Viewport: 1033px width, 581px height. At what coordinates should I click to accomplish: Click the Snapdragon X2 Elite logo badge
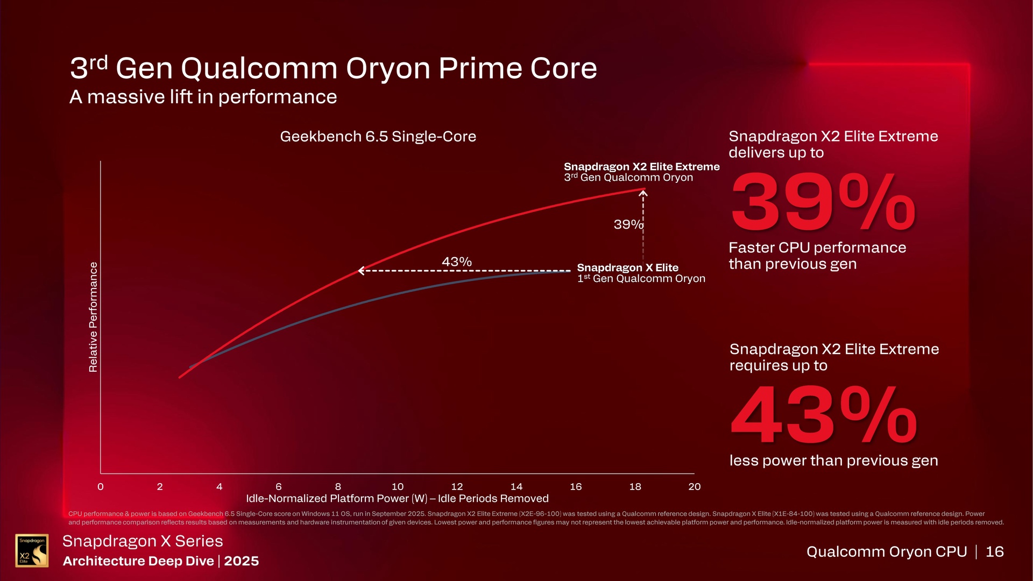click(x=32, y=550)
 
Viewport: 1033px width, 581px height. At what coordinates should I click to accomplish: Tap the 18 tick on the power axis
click(x=635, y=487)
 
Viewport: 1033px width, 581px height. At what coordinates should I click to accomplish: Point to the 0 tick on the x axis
click(x=101, y=487)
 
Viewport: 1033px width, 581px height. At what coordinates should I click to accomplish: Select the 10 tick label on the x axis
click(x=398, y=487)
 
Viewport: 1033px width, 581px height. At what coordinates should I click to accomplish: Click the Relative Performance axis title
click(x=94, y=317)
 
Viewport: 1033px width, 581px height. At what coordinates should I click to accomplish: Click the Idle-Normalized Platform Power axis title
click(x=397, y=499)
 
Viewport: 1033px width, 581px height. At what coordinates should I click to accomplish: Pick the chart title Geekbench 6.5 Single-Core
click(x=378, y=137)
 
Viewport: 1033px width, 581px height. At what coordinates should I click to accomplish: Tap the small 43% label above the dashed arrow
click(x=456, y=262)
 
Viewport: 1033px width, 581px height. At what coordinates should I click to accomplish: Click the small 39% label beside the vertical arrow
click(x=628, y=224)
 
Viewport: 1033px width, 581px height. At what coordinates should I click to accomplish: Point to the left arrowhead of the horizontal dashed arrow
click(x=362, y=271)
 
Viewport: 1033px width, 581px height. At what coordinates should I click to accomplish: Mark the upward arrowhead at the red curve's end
click(x=643, y=193)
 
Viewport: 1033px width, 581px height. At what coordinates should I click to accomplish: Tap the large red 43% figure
click(x=823, y=416)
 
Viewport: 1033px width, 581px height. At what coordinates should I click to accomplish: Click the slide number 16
click(x=994, y=551)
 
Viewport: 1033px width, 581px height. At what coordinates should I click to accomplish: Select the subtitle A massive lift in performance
click(x=203, y=97)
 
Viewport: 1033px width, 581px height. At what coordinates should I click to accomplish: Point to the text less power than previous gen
click(x=833, y=461)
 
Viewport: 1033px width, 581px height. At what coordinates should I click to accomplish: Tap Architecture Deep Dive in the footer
click(x=138, y=561)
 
